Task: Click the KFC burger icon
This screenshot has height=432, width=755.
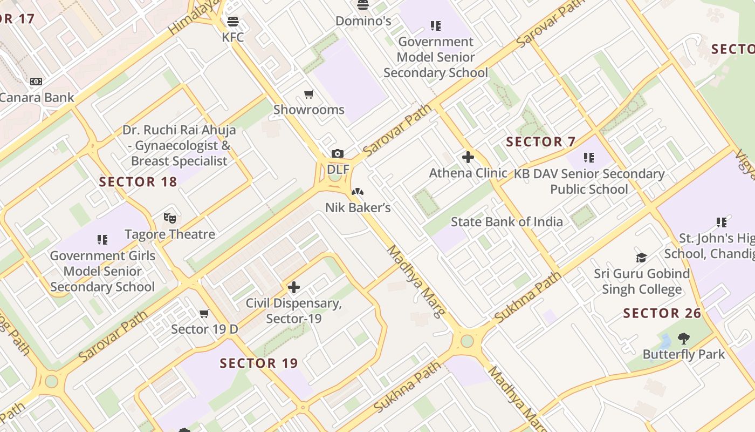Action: [233, 22]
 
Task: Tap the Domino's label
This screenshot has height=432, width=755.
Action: [363, 21]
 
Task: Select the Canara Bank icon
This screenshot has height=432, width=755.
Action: [36, 82]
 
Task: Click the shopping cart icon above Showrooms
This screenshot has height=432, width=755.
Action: [309, 94]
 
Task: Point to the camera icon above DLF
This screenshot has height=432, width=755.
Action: [338, 154]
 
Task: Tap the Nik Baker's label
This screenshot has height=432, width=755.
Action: [358, 207]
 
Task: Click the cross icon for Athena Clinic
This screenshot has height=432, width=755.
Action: [468, 158]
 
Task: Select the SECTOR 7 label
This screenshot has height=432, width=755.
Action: [541, 142]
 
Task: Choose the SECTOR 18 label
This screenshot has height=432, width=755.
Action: [138, 182]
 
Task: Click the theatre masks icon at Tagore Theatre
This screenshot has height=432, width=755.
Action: [170, 218]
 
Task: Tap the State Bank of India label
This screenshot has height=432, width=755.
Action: [506, 221]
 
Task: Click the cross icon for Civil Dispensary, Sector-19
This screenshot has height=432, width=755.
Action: [294, 287]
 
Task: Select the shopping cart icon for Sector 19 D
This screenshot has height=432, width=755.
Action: [204, 314]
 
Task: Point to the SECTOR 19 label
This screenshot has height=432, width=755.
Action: [259, 363]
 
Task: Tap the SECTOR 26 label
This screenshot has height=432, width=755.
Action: [662, 313]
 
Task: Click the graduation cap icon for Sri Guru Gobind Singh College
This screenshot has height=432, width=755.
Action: [641, 258]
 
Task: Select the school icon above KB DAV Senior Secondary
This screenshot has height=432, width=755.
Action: [589, 158]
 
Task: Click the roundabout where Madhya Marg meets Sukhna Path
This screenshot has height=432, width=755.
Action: [467, 341]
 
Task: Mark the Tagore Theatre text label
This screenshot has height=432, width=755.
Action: [170, 234]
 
